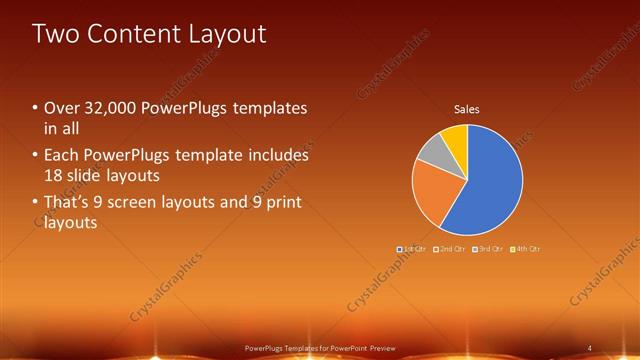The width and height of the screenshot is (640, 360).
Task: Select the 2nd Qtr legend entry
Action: (x=450, y=248)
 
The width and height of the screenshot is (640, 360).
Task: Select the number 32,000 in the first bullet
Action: (x=115, y=108)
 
